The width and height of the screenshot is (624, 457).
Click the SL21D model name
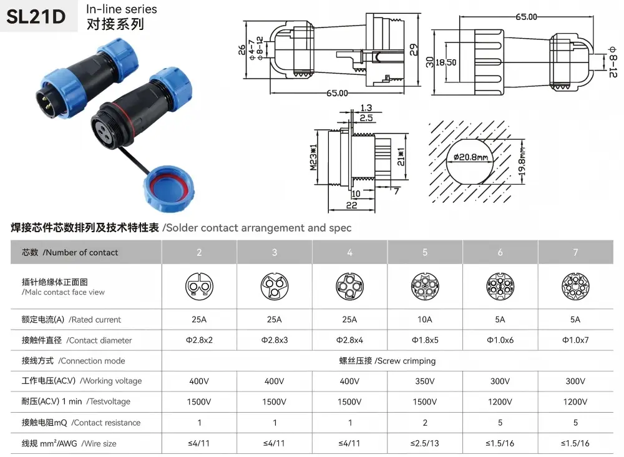[36, 17]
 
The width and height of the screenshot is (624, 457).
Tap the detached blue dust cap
[170, 189]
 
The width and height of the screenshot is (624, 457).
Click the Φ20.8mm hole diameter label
[470, 157]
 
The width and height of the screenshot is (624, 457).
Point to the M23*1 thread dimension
[314, 157]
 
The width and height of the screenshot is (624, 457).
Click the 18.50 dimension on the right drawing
[446, 62]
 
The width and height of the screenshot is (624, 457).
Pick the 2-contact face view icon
[199, 287]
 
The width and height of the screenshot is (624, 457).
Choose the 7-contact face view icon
[575, 287]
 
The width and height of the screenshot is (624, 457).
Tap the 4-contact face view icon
[349, 287]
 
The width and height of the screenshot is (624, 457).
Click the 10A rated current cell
[424, 320]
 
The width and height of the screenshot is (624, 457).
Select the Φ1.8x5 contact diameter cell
[424, 340]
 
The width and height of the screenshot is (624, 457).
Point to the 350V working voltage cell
[424, 381]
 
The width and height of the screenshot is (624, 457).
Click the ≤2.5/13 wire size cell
[424, 443]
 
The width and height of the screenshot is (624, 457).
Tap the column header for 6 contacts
[500, 252]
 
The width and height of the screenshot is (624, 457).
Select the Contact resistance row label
[81, 423]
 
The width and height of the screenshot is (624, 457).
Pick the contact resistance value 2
[425, 423]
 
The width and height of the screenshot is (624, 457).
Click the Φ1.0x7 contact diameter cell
[575, 340]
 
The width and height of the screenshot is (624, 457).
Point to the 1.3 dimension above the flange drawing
[366, 108]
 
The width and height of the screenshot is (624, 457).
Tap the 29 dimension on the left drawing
[414, 49]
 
